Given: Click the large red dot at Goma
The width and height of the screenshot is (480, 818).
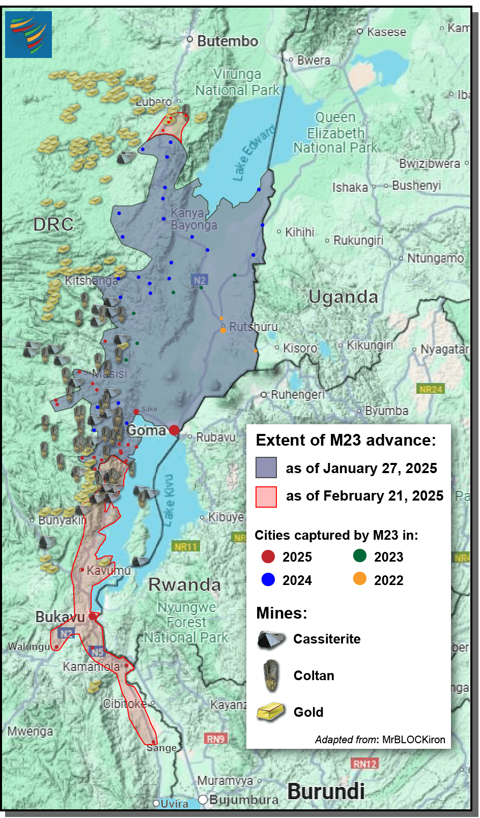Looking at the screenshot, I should point(174,430).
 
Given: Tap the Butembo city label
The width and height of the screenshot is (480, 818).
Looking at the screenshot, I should point(228,41).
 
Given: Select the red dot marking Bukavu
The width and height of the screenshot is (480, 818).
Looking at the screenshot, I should point(93,616).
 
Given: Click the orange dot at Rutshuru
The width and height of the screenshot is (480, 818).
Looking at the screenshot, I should point(223,330).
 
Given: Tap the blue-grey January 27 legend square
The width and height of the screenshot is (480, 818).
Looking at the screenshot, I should point(266,467).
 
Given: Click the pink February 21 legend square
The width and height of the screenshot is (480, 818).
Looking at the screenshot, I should point(266,496).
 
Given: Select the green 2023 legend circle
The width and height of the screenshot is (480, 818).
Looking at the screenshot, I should point(360,556).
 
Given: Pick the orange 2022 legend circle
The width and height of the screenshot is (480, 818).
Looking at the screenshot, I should point(360,579).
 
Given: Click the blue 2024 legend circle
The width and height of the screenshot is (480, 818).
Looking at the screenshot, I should point(268,579).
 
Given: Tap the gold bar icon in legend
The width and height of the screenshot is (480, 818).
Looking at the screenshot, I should point(270,712).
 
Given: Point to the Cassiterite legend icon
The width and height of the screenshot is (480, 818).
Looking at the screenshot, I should point(271,639).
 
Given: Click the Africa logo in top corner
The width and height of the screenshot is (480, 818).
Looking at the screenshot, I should point(29,34).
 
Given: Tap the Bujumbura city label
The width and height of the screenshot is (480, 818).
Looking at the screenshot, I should point(243,800).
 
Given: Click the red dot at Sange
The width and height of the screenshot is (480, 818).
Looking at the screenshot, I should point(153,742).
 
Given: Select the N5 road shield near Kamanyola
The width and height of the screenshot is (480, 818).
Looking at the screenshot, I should point(97,652).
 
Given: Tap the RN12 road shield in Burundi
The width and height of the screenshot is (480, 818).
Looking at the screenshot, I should point(364,764).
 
